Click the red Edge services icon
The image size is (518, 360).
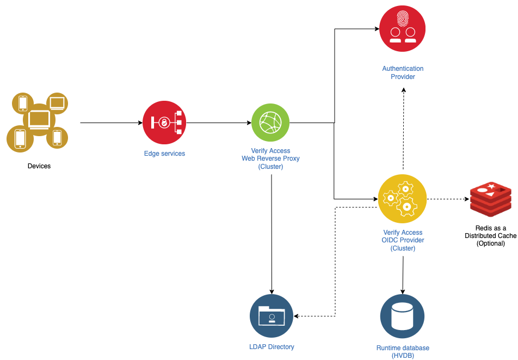(x=164, y=123)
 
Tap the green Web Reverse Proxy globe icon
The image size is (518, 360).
(x=270, y=123)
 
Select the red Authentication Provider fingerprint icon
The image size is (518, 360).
(x=402, y=29)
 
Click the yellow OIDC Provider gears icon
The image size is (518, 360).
(x=402, y=199)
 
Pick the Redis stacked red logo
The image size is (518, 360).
(x=490, y=199)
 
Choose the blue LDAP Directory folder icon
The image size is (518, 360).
(x=271, y=316)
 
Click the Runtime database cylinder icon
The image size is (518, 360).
(x=402, y=316)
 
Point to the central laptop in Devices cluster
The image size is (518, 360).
(x=39, y=119)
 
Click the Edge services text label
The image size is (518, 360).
(x=164, y=154)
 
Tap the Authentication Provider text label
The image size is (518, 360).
(x=403, y=72)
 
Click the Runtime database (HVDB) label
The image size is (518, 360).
(x=403, y=352)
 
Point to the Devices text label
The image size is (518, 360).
(x=39, y=166)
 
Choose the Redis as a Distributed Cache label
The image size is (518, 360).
(x=490, y=235)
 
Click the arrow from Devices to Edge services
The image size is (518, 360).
(x=111, y=123)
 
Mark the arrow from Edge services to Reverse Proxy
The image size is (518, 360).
(x=218, y=123)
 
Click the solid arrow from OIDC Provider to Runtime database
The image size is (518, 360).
(x=403, y=275)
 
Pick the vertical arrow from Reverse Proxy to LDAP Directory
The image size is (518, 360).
(x=271, y=234)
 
